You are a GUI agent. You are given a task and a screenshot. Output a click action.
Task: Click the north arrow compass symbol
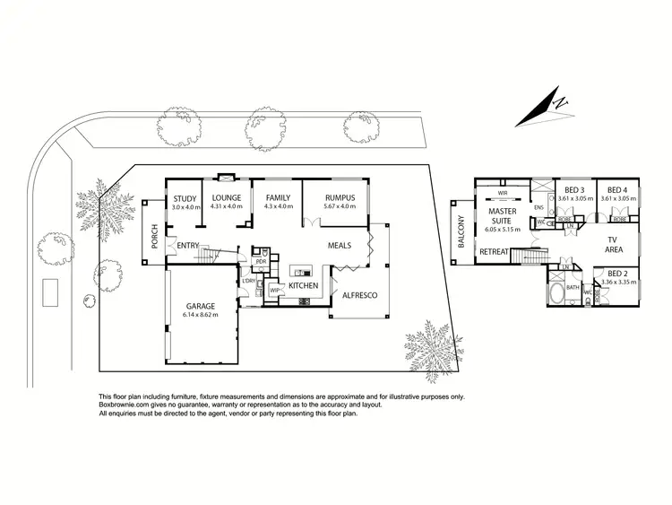(x=549, y=108)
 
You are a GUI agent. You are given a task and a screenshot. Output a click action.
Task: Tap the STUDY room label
(x=185, y=198)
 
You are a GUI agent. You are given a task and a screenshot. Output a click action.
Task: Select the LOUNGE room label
(x=227, y=198)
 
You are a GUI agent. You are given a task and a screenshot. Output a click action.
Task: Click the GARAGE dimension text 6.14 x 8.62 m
(x=200, y=314)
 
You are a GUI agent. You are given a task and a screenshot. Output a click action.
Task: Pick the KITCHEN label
(x=303, y=285)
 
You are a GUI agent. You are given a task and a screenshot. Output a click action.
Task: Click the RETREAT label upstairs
(x=494, y=252)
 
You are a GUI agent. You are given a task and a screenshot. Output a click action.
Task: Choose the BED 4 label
(x=616, y=190)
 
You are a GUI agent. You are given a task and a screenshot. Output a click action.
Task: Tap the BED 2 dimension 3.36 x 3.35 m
(x=615, y=282)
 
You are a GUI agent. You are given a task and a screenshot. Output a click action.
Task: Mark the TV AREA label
(x=615, y=245)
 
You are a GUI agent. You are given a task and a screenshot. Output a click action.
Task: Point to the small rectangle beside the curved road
(x=50, y=291)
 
